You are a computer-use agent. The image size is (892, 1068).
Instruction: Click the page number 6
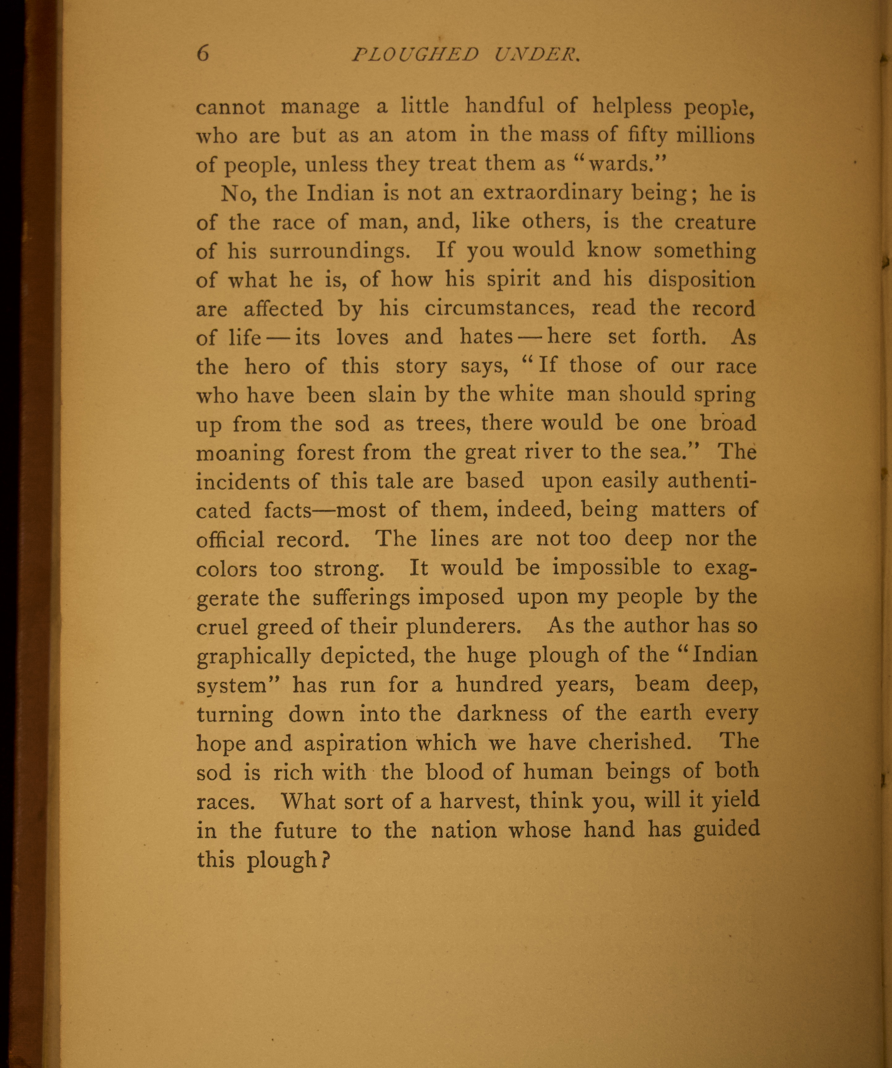pos(202,53)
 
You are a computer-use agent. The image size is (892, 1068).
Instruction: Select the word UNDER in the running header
pos(537,55)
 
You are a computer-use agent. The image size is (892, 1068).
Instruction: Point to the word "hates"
pos(486,337)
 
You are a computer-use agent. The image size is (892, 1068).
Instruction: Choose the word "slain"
pos(389,395)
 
